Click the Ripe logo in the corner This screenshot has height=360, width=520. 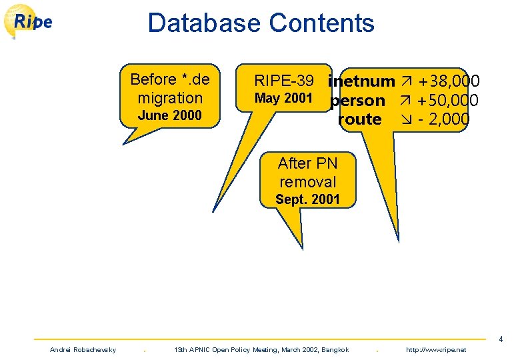click(x=29, y=21)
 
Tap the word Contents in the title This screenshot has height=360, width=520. click(x=321, y=23)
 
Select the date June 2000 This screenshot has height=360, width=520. click(x=169, y=115)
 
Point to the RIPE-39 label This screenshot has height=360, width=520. click(x=284, y=81)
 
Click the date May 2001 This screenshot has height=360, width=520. click(x=283, y=99)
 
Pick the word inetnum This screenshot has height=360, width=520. click(x=362, y=82)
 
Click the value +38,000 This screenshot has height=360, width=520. click(x=448, y=82)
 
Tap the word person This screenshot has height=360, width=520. click(x=358, y=101)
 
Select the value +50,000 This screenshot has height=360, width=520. click(x=448, y=101)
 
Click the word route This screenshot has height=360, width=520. click(x=360, y=120)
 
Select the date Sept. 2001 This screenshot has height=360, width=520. click(x=307, y=199)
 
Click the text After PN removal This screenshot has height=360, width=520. click(x=307, y=173)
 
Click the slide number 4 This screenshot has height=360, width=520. click(x=500, y=340)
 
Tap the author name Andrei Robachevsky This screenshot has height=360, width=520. click(x=83, y=350)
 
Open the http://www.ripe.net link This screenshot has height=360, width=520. click(x=436, y=350)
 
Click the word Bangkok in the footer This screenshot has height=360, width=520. click(x=335, y=350)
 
